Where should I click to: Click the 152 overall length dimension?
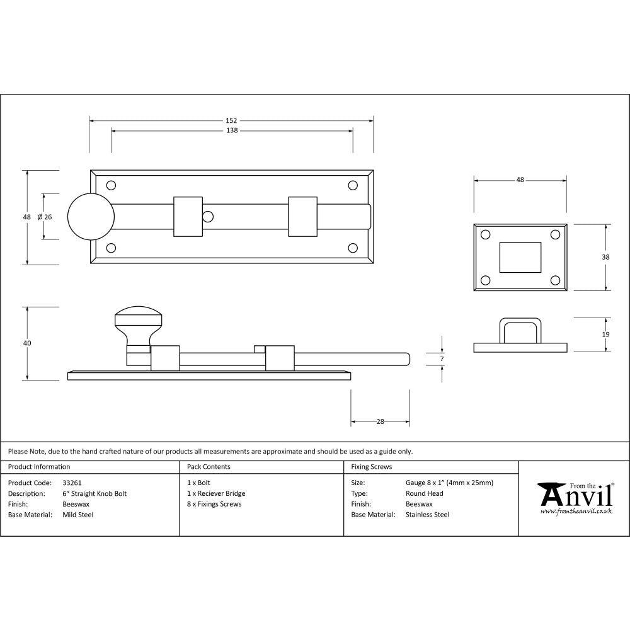tap(231, 120)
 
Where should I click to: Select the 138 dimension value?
tap(231, 131)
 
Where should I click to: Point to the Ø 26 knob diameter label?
tap(44, 217)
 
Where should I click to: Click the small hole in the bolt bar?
tap(207, 217)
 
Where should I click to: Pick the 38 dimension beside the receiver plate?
tap(605, 257)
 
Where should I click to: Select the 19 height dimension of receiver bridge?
tap(605, 335)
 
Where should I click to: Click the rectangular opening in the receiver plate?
tap(520, 257)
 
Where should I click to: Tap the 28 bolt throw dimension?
tap(380, 422)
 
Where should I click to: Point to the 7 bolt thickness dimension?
tap(442, 359)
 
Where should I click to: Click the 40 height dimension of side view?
tap(27, 343)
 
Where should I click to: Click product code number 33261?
tap(72, 483)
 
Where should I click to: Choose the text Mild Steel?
tap(78, 515)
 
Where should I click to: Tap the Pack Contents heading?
tap(209, 467)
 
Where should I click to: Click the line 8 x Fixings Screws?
tap(214, 504)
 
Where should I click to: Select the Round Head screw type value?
tap(425, 494)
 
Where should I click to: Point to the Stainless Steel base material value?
tap(428, 515)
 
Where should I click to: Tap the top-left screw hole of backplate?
tap(112, 186)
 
